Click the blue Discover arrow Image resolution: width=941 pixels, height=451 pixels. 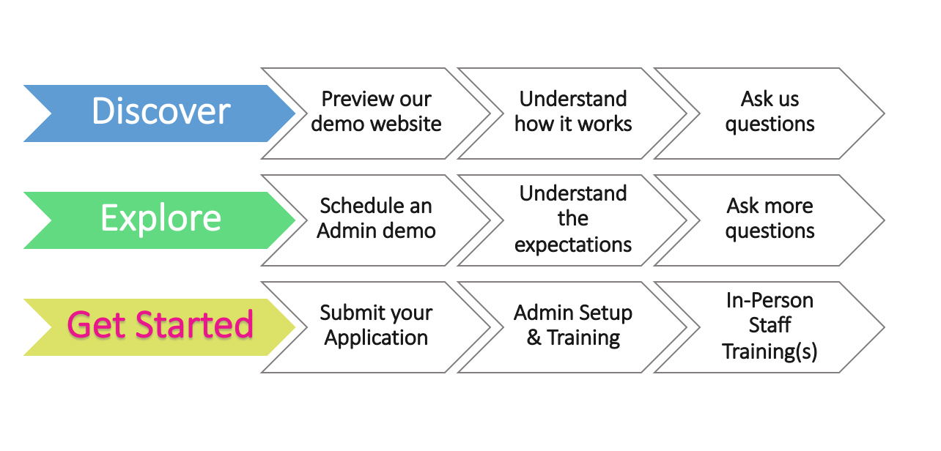click(x=160, y=113)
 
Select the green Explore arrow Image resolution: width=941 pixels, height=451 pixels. click(x=160, y=220)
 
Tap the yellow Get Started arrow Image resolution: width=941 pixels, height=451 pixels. click(x=160, y=327)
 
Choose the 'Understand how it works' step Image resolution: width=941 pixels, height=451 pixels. click(x=572, y=113)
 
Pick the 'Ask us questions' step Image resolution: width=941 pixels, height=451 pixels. click(x=770, y=113)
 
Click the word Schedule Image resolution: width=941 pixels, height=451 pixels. click(x=356, y=206)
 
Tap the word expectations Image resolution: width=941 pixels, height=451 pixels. click(x=573, y=245)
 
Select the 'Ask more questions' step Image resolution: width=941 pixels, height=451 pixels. click(x=770, y=220)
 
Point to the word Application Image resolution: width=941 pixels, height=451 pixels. click(x=376, y=338)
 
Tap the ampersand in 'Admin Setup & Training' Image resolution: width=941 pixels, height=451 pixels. click(x=534, y=338)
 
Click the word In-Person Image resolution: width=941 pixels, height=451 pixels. click(x=770, y=300)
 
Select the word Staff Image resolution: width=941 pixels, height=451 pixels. click(x=770, y=325)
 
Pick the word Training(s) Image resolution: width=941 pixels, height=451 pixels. click(x=770, y=351)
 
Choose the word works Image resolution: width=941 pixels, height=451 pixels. click(x=605, y=124)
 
